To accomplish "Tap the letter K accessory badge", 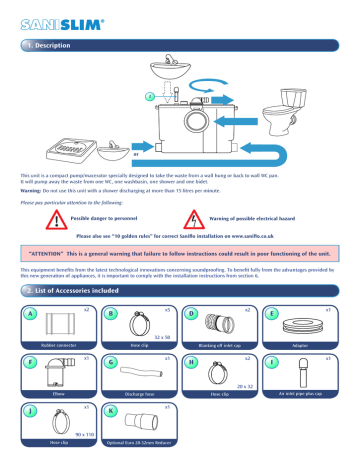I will coord(113,409).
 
